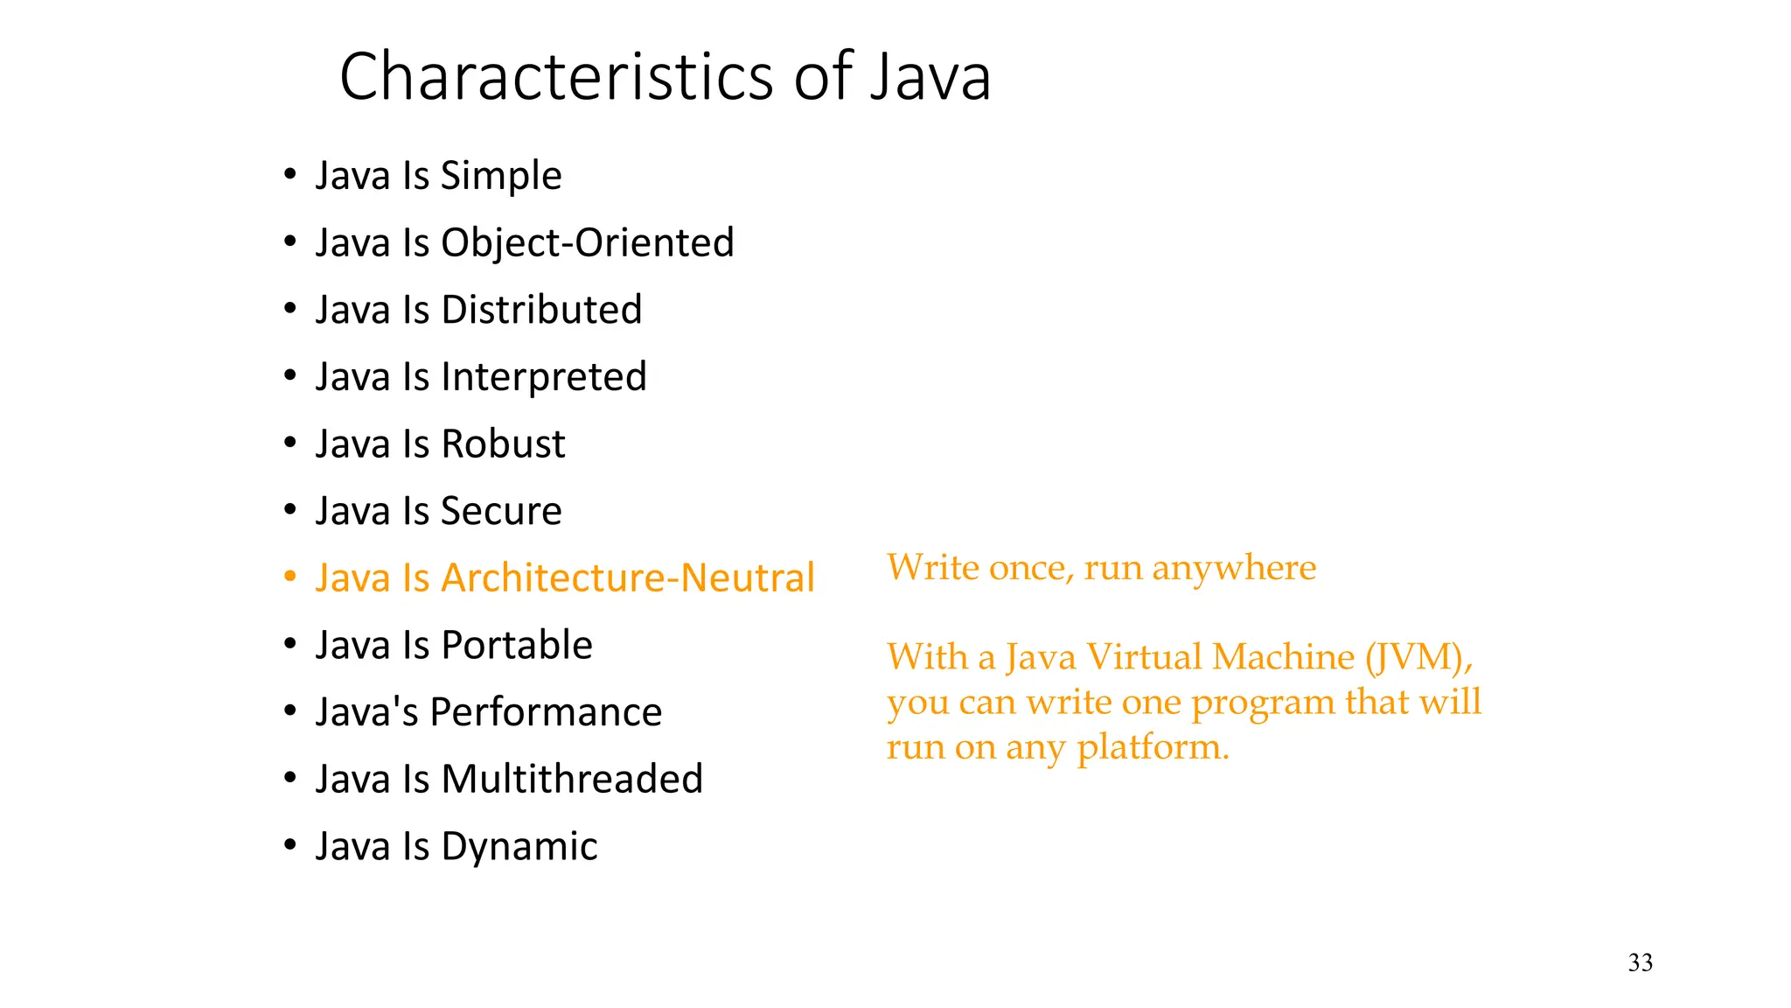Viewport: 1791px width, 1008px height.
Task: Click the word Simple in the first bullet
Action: [x=500, y=177]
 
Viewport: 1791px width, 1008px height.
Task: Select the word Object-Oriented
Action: [x=587, y=243]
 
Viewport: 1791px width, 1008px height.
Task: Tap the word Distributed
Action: [x=541, y=311]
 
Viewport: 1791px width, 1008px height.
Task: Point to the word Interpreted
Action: [x=543, y=378]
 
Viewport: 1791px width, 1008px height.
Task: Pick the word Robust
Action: [x=503, y=444]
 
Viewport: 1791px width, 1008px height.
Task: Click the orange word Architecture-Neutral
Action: [x=627, y=578]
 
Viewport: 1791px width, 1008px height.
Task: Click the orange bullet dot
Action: [x=290, y=577]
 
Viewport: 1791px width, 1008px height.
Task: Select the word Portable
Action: [x=516, y=646]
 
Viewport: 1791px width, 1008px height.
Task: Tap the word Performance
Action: [x=546, y=712]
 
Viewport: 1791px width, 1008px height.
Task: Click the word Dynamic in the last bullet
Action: [x=519, y=847]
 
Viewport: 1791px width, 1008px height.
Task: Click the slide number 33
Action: [x=1640, y=963]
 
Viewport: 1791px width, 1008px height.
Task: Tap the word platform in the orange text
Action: [x=1152, y=748]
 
